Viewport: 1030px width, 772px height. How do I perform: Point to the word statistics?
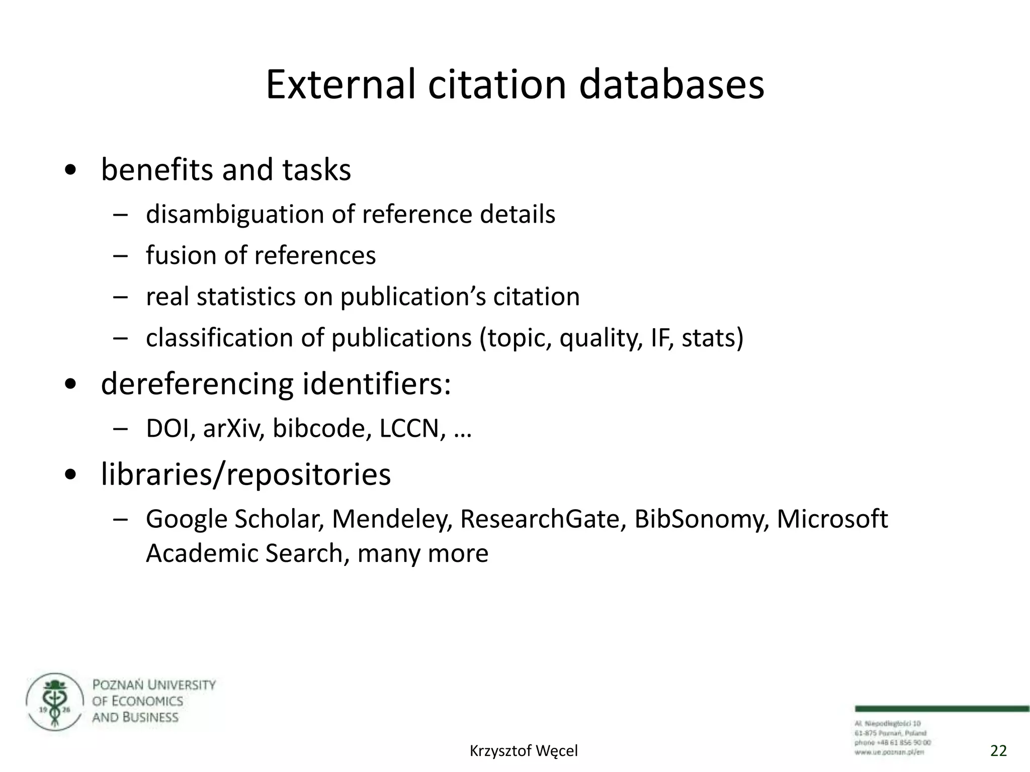pyautogui.click(x=246, y=297)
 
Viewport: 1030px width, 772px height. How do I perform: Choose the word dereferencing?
pyautogui.click(x=197, y=384)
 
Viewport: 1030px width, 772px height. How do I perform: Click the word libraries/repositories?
pyautogui.click(x=245, y=474)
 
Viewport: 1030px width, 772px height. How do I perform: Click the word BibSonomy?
pyautogui.click(x=701, y=519)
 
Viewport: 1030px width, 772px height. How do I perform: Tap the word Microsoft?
pyautogui.click(x=832, y=519)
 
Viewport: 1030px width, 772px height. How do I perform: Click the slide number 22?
pyautogui.click(x=998, y=751)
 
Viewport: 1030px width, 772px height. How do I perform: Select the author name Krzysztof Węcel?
pyautogui.click(x=524, y=751)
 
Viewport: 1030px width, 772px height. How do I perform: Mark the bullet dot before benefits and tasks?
pyautogui.click(x=71, y=171)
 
